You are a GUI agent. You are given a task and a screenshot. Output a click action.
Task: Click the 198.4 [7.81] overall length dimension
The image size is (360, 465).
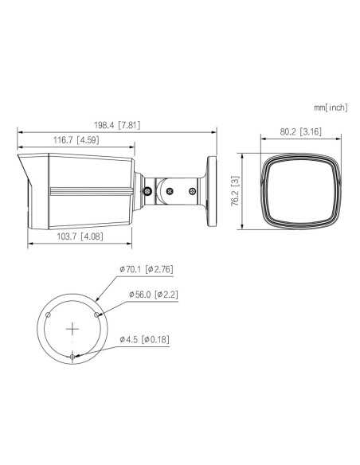[118, 126]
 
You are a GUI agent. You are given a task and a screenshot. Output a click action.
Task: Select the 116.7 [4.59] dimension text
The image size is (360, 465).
[75, 141]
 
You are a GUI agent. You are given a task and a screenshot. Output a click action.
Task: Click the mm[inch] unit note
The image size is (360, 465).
[331, 106]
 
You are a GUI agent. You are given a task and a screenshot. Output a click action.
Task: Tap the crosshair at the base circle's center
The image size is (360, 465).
[72, 327]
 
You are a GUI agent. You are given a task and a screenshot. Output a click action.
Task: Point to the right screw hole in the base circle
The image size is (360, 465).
[97, 314]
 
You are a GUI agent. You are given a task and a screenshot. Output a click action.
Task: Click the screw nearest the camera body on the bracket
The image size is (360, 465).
[147, 191]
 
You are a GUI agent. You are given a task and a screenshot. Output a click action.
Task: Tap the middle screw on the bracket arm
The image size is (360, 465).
[169, 190]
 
